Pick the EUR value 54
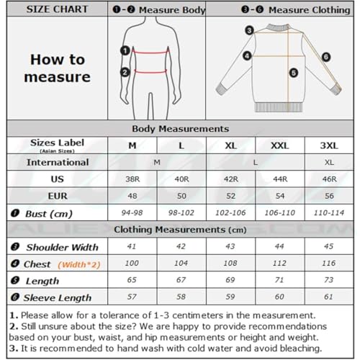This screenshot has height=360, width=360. click(279, 195)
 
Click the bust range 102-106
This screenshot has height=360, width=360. click(232, 213)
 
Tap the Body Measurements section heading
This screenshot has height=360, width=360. click(180, 128)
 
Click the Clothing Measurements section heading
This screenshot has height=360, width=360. click(180, 230)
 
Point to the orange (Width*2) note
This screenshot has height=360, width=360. click(78, 264)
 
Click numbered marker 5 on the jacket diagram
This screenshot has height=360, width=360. click(294, 72)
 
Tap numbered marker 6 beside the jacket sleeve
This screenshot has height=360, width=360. click(325, 56)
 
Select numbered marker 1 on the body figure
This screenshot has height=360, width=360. click(125, 51)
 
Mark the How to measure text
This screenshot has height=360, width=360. click(57, 68)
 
